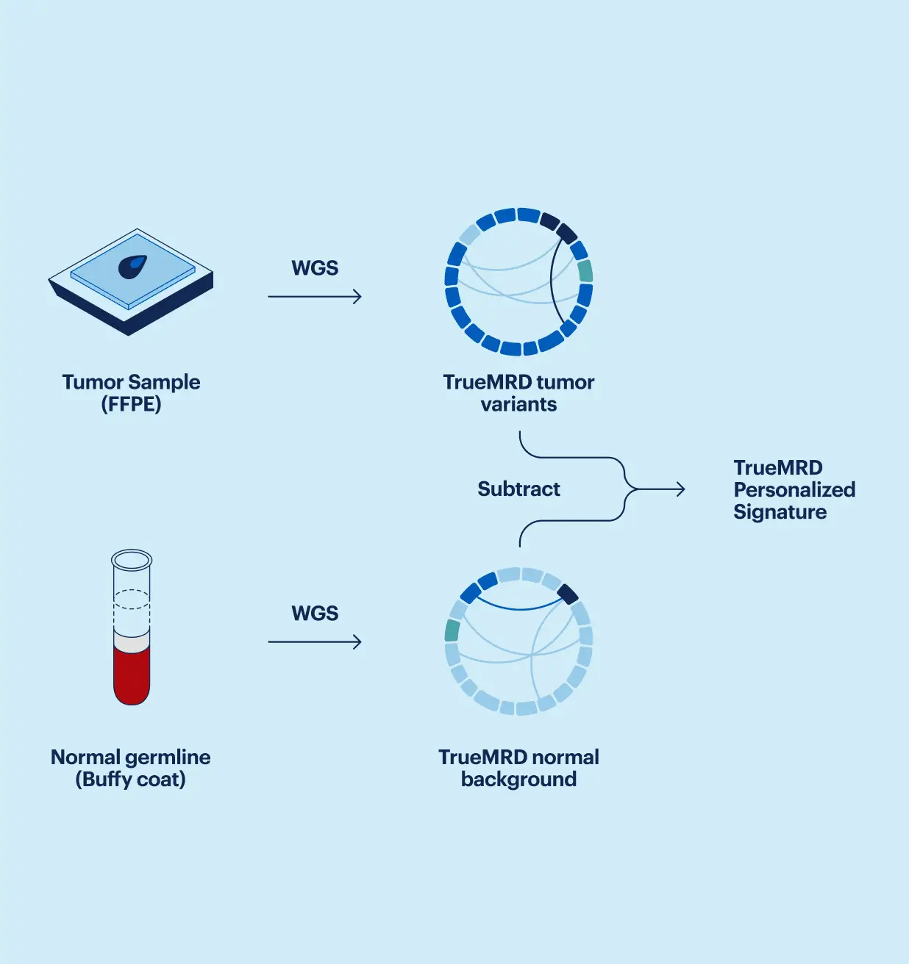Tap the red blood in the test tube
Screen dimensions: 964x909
[132, 675]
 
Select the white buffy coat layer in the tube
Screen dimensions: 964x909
[132, 642]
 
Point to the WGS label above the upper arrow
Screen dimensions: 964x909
[315, 268]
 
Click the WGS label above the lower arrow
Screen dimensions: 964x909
[315, 614]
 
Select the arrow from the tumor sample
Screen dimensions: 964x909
[315, 297]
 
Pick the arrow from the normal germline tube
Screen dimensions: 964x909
[315, 642]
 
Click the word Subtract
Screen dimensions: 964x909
[518, 489]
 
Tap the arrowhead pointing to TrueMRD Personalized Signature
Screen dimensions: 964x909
[680, 489]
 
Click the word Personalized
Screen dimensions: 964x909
[794, 490]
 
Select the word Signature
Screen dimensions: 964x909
[780, 512]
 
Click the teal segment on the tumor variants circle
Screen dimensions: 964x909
[585, 271]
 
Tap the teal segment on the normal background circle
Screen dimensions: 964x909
[452, 630]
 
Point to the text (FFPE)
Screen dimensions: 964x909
[131, 405]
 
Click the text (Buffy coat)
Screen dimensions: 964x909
[130, 780]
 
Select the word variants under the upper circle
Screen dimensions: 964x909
[518, 405]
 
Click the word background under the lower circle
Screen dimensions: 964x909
[518, 780]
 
